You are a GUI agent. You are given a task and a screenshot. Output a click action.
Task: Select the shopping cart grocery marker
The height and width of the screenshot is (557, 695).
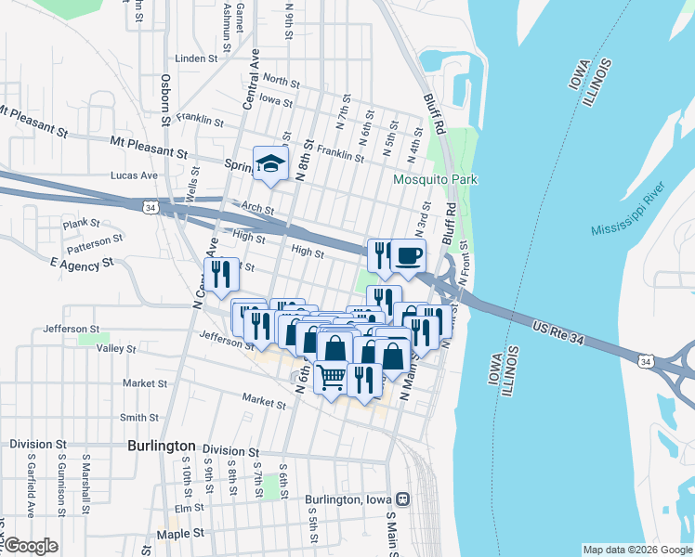tap(333, 378)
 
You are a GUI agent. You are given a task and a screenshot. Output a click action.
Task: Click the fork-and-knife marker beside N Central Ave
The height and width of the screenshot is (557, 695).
tap(221, 274)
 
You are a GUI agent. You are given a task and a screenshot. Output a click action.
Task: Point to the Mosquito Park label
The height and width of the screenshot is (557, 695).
tap(435, 179)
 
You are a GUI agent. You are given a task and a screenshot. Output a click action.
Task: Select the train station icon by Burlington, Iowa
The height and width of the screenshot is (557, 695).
tap(402, 499)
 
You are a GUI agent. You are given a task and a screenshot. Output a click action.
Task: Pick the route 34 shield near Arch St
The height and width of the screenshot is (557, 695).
tap(150, 209)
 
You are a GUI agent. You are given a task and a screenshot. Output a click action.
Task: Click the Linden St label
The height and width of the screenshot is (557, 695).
tap(195, 58)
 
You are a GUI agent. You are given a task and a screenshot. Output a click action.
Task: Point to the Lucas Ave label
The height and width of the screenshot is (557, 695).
tap(134, 175)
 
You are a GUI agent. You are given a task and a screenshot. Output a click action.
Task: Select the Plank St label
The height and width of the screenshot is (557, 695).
tap(81, 223)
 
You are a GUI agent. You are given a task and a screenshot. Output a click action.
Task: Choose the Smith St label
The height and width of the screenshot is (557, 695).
tap(138, 418)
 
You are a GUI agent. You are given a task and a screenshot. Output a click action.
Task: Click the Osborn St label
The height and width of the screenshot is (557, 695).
tap(165, 100)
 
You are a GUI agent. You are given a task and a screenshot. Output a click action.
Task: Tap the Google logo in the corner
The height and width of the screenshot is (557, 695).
tap(30, 546)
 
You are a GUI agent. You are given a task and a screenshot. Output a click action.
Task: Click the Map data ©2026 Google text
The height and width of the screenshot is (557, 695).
tap(636, 550)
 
